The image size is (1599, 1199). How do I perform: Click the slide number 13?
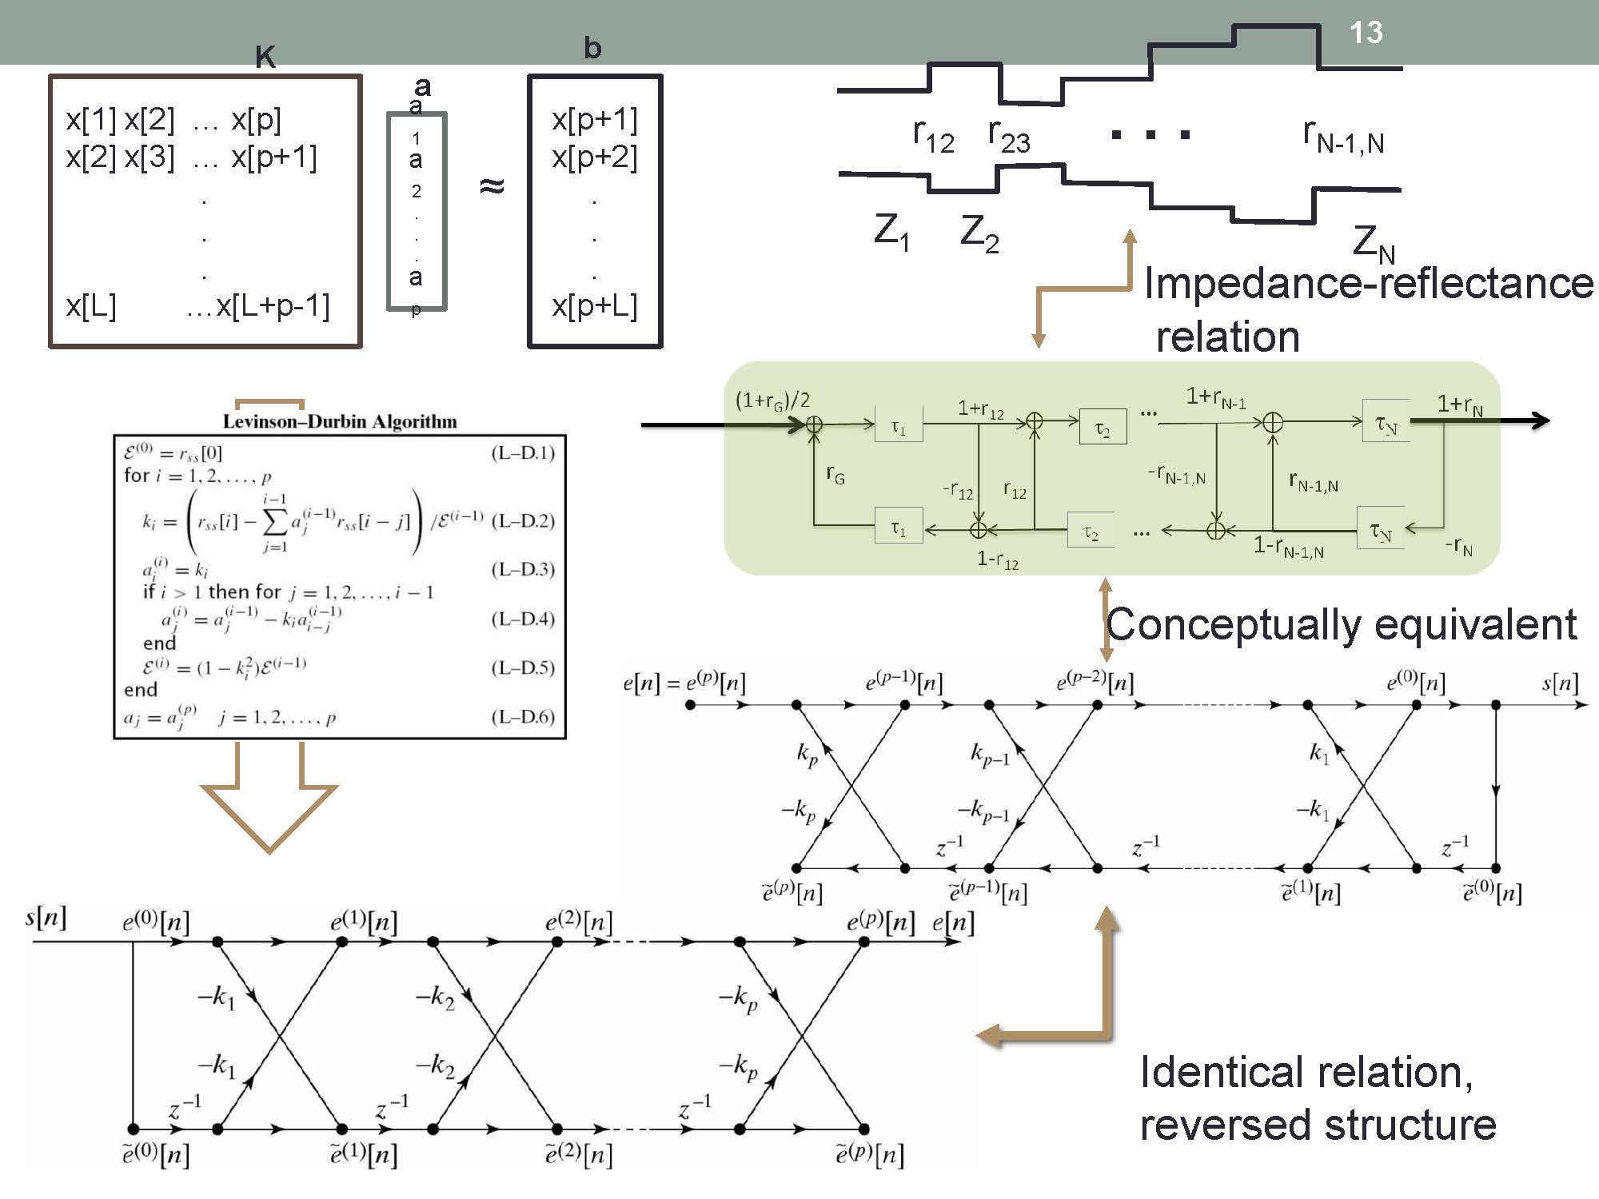[x=1366, y=33]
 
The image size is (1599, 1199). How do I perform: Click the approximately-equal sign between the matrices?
[x=492, y=186]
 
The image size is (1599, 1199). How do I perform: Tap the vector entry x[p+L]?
[x=595, y=306]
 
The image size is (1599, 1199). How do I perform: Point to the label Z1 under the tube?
[x=891, y=232]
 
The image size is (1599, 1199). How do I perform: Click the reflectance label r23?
[x=1008, y=136]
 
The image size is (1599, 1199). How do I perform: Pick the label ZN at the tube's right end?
[x=1373, y=242]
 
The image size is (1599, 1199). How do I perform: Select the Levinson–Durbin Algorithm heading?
[x=340, y=421]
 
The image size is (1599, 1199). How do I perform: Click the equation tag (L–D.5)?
[x=523, y=667]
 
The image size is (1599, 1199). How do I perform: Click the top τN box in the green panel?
[x=1386, y=424]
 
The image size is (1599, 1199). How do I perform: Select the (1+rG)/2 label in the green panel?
[x=772, y=400]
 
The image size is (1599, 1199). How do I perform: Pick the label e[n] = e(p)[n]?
[x=684, y=683]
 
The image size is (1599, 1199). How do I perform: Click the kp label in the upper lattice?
[x=807, y=754]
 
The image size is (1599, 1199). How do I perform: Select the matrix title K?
[x=265, y=57]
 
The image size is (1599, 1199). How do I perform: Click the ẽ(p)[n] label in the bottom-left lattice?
[x=870, y=1155]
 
